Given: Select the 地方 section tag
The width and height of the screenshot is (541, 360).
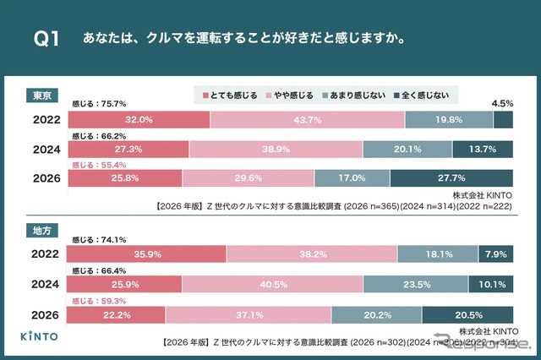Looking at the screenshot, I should coord(41,229).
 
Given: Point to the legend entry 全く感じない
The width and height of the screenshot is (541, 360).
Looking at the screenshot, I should coord(433,94).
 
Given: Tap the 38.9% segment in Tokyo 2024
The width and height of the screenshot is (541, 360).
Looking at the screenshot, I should coord(276,150).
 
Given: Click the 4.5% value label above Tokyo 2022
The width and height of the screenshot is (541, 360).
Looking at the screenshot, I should coord(502,104).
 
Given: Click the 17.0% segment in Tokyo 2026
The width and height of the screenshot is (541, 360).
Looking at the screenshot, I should coord(352,178).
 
